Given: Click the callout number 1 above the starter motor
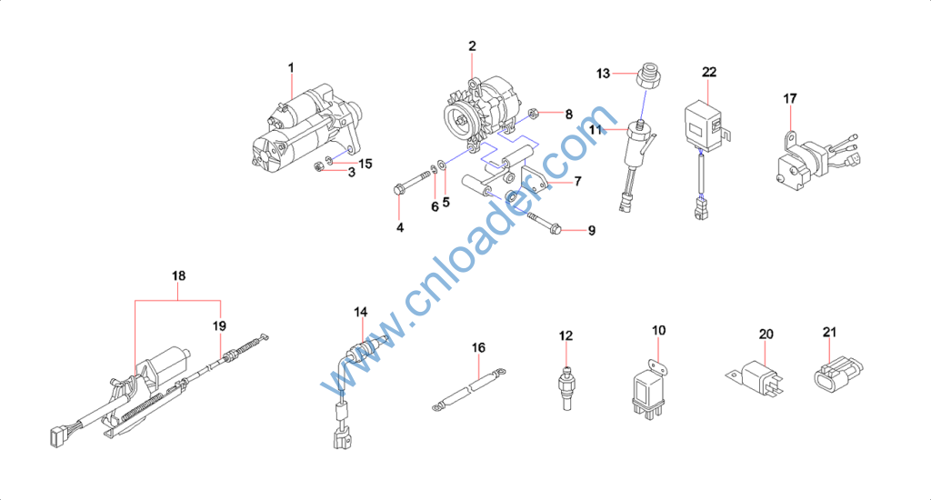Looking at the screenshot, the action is pyautogui.click(x=291, y=67).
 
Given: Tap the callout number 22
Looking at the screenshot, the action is pyautogui.click(x=709, y=72).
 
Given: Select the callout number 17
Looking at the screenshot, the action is pyautogui.click(x=790, y=98).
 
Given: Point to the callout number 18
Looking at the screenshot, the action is pyautogui.click(x=178, y=275).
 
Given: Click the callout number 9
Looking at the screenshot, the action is pyautogui.click(x=591, y=230).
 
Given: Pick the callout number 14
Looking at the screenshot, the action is pyautogui.click(x=360, y=312).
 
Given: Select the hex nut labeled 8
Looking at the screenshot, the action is pyautogui.click(x=533, y=113).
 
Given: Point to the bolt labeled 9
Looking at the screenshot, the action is pyautogui.click(x=544, y=222).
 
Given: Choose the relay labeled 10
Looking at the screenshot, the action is pyautogui.click(x=649, y=387).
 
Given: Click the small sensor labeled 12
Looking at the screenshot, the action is pyautogui.click(x=566, y=388).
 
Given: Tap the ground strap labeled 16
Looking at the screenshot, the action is pyautogui.click(x=468, y=389).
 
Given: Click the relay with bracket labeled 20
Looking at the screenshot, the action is pyautogui.click(x=756, y=377).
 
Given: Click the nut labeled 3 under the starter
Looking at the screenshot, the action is pyautogui.click(x=317, y=166).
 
